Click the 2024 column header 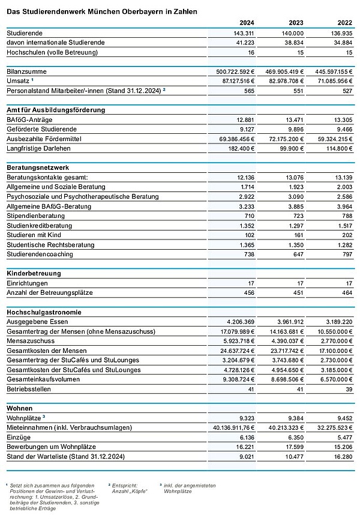246,23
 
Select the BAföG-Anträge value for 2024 246,119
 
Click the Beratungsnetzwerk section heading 37,167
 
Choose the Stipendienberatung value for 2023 301,215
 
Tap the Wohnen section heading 20,408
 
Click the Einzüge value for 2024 246,436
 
